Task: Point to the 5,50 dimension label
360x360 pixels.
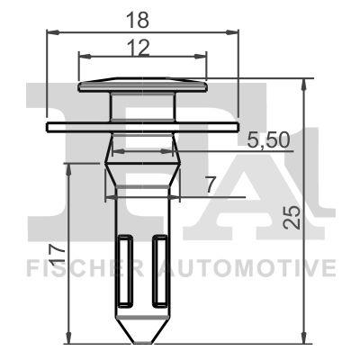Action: (x=267, y=139)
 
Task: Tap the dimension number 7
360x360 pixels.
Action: (x=209, y=184)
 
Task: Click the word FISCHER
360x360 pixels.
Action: (x=82, y=268)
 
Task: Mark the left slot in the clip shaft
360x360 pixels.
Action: (x=125, y=270)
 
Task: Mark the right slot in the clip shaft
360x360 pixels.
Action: (x=160, y=270)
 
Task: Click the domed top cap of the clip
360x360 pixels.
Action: (x=143, y=85)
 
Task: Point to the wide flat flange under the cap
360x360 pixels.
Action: (x=143, y=123)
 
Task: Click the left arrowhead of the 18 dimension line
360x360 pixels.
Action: (x=49, y=33)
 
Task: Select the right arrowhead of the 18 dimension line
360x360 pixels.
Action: (x=238, y=33)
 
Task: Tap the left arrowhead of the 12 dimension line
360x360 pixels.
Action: (x=83, y=55)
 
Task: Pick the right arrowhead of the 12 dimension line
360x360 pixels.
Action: (x=203, y=55)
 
